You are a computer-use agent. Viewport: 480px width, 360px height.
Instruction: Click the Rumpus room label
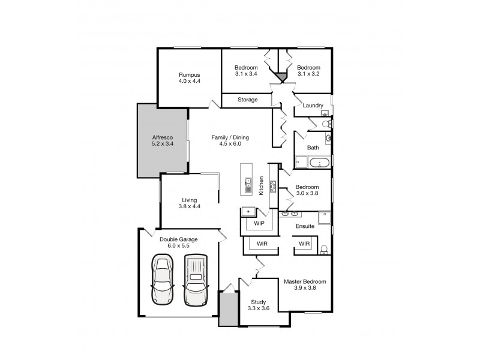coord(188,75)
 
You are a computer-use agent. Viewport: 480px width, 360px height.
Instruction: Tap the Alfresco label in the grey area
coord(162,138)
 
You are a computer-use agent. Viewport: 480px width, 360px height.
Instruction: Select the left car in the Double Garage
coord(161,280)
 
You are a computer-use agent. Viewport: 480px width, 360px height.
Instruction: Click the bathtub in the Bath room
coord(319,162)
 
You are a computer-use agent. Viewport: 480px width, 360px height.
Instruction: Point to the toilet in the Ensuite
coord(324,250)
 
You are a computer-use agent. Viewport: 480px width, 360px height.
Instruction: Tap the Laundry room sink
coord(325,113)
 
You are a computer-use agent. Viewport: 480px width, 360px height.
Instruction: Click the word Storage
coord(247,100)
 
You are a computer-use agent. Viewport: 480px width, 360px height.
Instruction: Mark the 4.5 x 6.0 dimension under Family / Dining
coord(230,145)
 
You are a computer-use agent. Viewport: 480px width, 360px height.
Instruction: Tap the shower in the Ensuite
coord(324,217)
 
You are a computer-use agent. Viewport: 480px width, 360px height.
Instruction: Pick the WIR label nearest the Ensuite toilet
coord(304,244)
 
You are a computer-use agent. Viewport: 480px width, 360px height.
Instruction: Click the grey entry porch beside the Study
coord(227,308)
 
